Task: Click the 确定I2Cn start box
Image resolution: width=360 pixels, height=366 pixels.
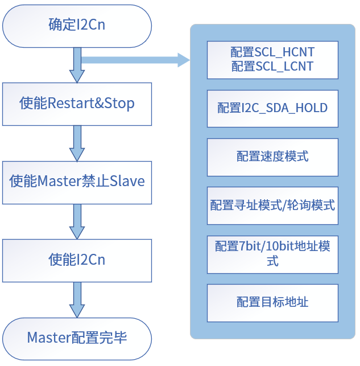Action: coord(77,25)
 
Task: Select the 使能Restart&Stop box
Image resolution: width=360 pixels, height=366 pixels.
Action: coord(77,104)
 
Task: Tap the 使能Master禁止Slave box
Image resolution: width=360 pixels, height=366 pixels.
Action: coord(77,182)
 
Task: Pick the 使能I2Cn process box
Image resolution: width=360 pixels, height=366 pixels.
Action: coord(77,261)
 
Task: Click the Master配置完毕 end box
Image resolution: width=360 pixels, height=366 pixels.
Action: coord(77,338)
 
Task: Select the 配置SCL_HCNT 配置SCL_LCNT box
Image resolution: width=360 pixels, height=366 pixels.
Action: coord(272,60)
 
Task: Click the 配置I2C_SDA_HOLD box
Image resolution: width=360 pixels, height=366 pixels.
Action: coord(272,108)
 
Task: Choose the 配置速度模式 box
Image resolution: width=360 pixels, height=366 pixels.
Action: coord(272,157)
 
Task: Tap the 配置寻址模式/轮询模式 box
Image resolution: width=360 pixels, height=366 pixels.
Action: coord(272,205)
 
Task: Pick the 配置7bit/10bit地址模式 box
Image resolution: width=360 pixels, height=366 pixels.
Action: coord(272,254)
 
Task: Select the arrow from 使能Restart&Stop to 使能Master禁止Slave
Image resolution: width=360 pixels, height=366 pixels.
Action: coord(77,143)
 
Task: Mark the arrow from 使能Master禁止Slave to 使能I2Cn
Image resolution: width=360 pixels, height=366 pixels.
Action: coord(77,221)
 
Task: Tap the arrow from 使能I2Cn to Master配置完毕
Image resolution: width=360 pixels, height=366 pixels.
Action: coord(77,300)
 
